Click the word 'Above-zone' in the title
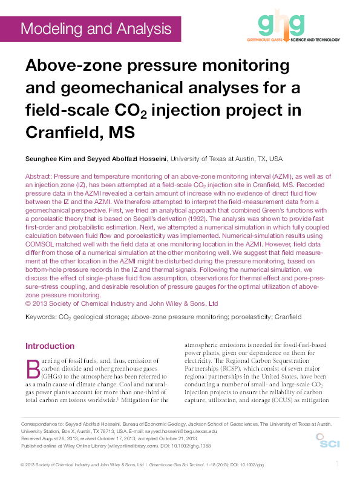click(70, 66)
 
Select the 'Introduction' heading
click(50, 346)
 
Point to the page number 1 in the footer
click(338, 464)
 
